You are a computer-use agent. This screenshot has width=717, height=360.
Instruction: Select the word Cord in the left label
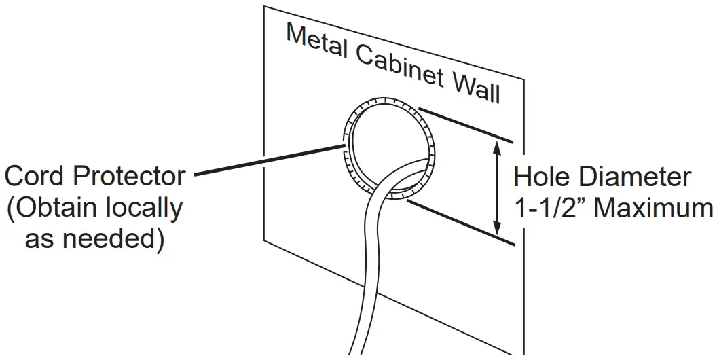35,177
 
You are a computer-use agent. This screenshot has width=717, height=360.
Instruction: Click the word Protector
128,177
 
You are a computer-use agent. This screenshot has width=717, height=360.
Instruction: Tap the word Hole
543,177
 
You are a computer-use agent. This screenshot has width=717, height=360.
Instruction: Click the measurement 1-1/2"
550,209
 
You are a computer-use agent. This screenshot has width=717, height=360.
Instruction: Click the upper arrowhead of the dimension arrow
500,143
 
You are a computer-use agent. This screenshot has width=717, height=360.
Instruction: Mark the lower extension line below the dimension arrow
462,221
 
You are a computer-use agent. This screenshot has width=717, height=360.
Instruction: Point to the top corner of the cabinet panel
264,7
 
